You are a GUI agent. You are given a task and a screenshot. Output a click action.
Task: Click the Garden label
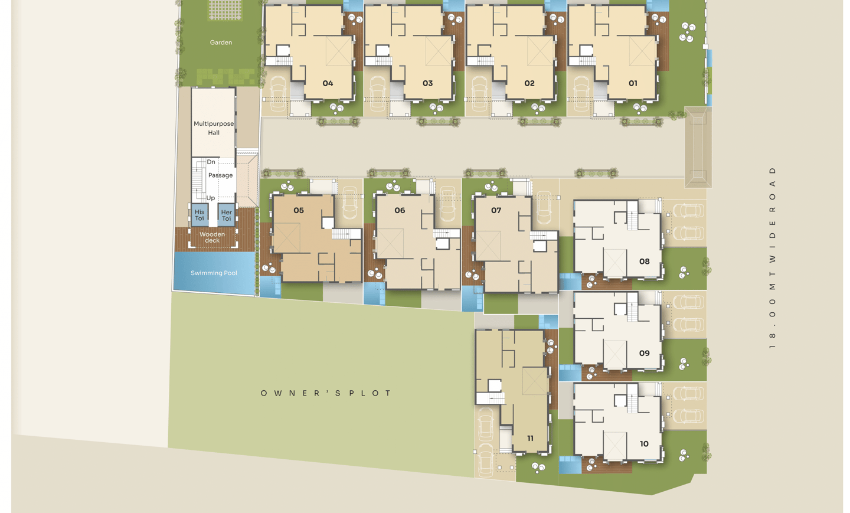coord(221,43)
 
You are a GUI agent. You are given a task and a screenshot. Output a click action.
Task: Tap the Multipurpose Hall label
coord(214,128)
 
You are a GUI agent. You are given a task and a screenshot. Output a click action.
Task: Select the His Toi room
coord(200,215)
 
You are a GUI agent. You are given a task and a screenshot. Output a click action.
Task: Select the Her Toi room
coord(227,215)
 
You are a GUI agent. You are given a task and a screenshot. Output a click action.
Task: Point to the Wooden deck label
coord(212,237)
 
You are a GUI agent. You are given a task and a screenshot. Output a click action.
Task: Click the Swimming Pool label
coord(214,273)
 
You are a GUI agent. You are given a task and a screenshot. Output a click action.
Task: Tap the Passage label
coord(221,175)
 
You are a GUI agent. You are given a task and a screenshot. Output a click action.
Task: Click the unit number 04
coord(328,83)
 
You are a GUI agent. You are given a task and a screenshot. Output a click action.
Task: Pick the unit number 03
coord(427,83)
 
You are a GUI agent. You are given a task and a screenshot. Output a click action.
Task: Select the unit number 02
coord(529,83)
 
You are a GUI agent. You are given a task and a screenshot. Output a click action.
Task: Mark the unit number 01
coord(633,83)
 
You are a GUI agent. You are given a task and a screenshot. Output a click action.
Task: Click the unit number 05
coord(299,211)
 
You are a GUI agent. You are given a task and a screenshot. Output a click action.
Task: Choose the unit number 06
coord(400,211)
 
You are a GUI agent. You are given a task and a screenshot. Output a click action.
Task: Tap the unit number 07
coord(496,211)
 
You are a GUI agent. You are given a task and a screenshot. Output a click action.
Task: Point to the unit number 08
coord(645,262)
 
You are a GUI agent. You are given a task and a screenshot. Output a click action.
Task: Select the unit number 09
coord(645,353)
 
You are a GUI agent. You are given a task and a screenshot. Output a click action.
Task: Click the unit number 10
coord(644,444)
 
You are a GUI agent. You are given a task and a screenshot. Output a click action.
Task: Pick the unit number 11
coord(530,439)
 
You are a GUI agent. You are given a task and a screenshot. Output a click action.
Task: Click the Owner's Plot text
coord(326,394)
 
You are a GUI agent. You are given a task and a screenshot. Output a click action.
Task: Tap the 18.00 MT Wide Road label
coord(772,258)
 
